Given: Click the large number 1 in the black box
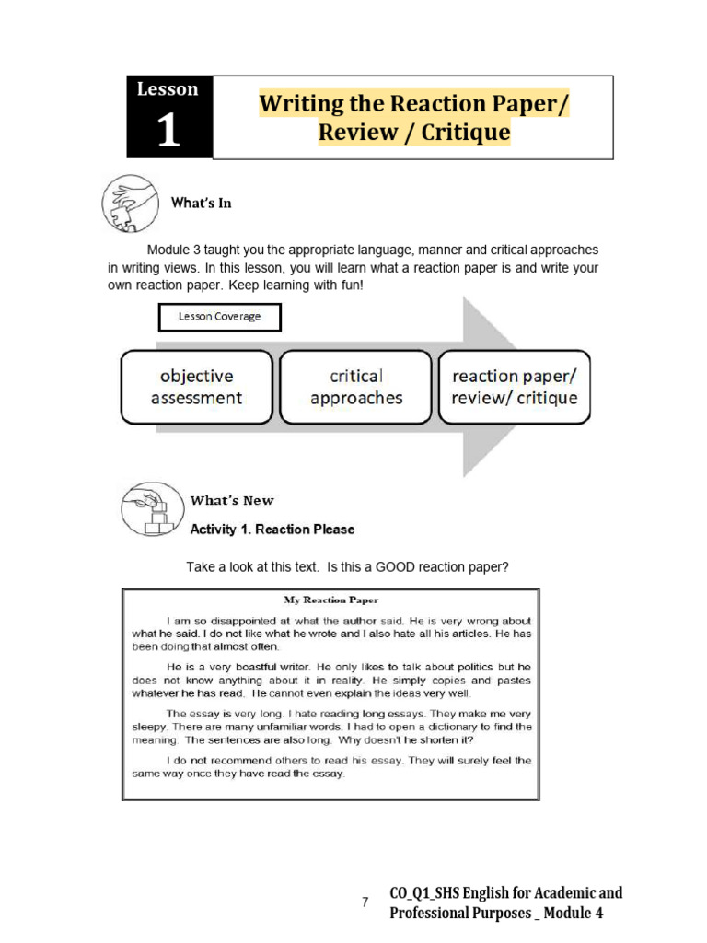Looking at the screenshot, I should tap(168, 131).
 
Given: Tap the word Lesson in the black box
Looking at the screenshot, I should tap(168, 89).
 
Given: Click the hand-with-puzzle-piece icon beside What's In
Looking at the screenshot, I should tap(130, 203).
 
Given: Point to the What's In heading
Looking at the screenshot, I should tap(201, 203).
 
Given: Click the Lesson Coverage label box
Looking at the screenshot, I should tap(219, 317).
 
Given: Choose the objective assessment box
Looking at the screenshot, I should tap(196, 387).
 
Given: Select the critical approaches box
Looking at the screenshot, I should tap(355, 387).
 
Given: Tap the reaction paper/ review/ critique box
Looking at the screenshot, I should tap(514, 387).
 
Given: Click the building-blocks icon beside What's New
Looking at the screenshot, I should tap(147, 509).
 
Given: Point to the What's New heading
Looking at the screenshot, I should tap(232, 500).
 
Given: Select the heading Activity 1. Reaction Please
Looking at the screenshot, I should tap(272, 530).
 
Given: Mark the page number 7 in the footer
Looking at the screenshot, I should tap(365, 902).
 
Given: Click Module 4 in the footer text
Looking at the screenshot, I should tap(575, 913).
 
